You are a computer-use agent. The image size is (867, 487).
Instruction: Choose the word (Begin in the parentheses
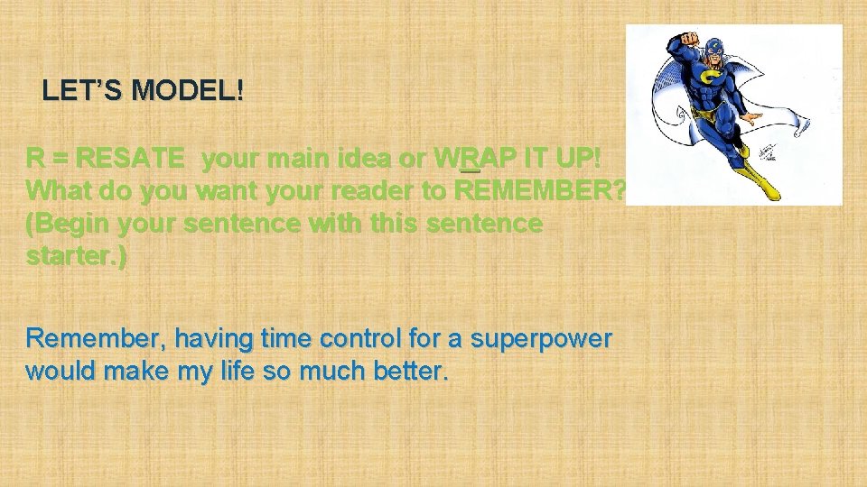click(66, 224)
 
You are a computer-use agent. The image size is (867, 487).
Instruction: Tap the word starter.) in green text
click(77, 256)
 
